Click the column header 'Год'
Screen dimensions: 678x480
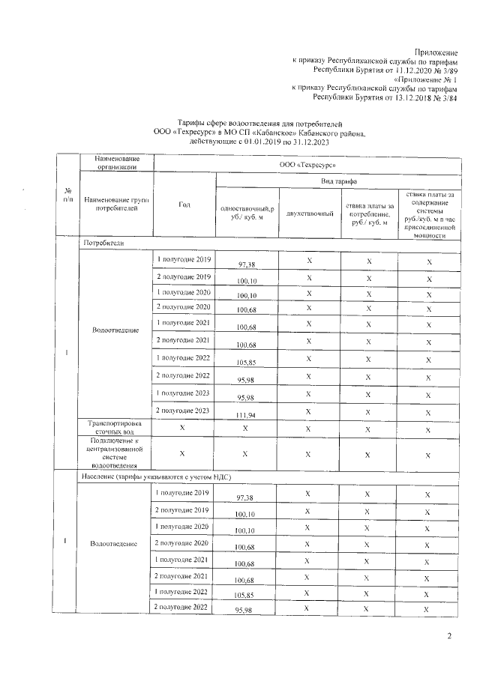(x=184, y=205)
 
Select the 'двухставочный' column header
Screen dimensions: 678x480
(x=309, y=214)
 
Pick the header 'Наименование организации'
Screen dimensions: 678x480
(x=116, y=163)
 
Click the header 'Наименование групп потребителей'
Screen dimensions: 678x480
(x=116, y=205)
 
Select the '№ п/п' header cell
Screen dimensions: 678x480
(x=68, y=196)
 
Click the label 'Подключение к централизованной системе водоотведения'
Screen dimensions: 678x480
(x=116, y=452)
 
